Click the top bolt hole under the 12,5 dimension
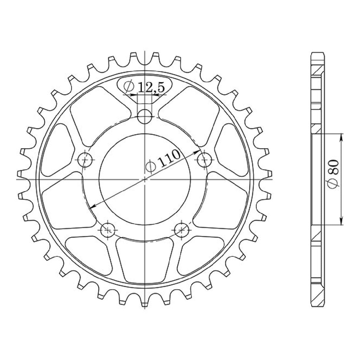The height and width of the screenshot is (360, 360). click(144, 117)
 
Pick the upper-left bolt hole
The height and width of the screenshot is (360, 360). click(85, 160)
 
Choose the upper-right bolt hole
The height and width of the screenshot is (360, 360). click(205, 160)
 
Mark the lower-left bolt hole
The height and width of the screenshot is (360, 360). click(108, 230)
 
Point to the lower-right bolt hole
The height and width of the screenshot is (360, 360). click(181, 230)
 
